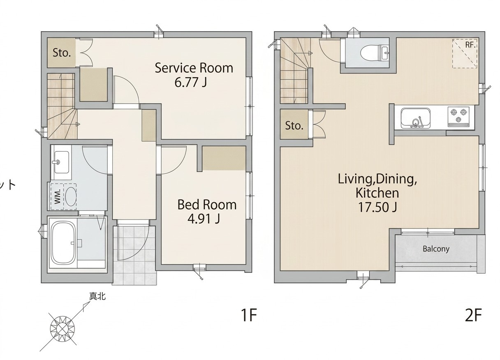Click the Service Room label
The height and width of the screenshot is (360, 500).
(x=194, y=68)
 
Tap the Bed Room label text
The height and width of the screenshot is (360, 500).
(x=207, y=205)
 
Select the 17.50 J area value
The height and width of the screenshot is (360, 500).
(x=377, y=207)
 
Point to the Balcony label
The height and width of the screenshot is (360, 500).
(x=436, y=249)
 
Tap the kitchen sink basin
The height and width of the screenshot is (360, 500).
(x=416, y=118)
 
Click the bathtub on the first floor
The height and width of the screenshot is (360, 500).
(x=63, y=243)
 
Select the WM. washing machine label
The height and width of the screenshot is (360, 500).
(x=58, y=196)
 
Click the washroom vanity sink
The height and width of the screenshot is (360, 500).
(x=61, y=162)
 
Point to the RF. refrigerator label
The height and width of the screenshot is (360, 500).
(x=470, y=45)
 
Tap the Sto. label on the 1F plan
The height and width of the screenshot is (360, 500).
(x=62, y=53)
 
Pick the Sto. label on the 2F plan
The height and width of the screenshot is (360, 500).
(x=294, y=126)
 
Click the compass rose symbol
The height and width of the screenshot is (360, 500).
(x=62, y=328)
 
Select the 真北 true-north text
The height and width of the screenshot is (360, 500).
(x=97, y=296)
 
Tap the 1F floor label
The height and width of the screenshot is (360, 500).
(x=249, y=315)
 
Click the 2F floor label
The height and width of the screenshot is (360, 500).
(x=473, y=315)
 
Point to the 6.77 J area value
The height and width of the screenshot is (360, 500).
(x=190, y=82)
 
